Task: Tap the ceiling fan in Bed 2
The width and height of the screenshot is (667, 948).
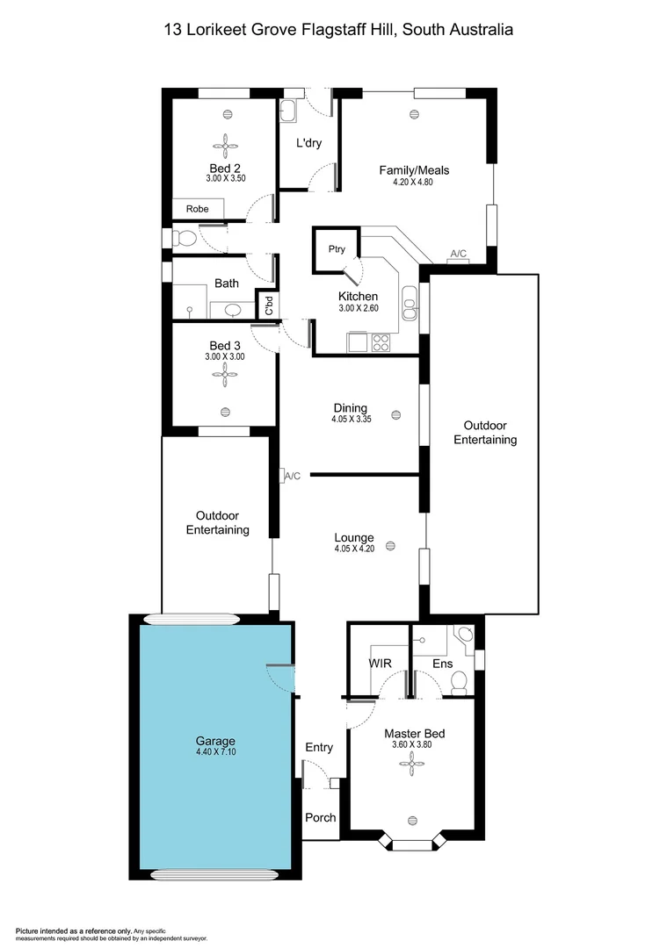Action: pos(225,145)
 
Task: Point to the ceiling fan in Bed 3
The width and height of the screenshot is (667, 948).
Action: pos(225,377)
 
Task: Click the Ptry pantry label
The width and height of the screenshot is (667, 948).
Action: pos(337,249)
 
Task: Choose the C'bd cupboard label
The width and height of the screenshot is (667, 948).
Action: pos(269,305)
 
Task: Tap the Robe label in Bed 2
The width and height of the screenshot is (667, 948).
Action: pos(198,209)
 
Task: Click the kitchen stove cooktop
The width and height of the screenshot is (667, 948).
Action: pos(381,341)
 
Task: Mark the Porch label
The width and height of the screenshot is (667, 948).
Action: pos(320,817)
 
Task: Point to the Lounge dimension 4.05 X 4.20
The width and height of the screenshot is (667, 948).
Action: pos(354,549)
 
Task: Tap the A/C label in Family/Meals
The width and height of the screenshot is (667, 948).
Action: pos(459,254)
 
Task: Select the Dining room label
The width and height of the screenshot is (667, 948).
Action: pos(350,408)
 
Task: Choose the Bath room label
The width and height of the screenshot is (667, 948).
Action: pos(227,284)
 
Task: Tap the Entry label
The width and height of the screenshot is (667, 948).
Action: pos(319,747)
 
